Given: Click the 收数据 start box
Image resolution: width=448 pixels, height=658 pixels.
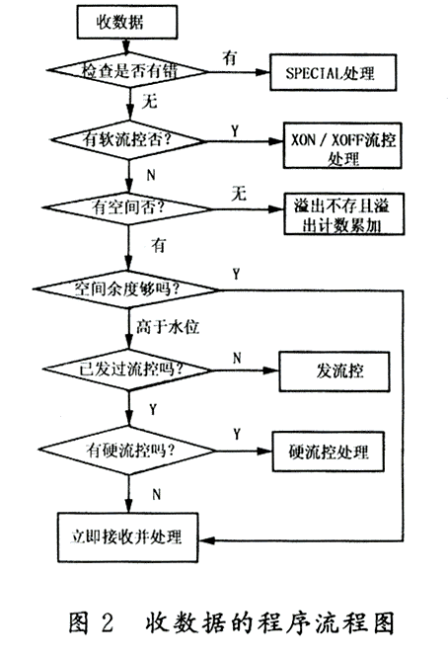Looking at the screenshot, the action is pyautogui.click(x=127, y=22).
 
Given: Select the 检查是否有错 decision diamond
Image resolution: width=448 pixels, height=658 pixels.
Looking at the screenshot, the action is pyautogui.click(x=127, y=70).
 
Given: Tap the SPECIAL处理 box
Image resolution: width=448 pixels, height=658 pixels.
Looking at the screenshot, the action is pyautogui.click(x=333, y=72).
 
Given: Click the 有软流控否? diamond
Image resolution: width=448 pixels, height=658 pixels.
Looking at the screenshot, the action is pyautogui.click(x=128, y=140).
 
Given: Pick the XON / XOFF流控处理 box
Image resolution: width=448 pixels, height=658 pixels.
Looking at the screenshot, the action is pyautogui.click(x=342, y=145).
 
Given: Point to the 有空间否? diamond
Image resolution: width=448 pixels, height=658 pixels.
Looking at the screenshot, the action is pyautogui.click(x=127, y=207).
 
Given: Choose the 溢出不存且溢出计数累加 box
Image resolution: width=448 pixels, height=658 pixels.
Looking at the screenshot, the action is pyautogui.click(x=343, y=214).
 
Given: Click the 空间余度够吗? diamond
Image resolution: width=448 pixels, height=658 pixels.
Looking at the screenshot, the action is pyautogui.click(x=126, y=289).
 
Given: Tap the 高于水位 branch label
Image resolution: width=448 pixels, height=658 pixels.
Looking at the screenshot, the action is pyautogui.click(x=168, y=326).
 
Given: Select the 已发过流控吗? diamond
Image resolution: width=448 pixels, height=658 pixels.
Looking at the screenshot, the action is pyautogui.click(x=128, y=370).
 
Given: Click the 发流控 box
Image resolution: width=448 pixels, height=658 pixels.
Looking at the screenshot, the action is pyautogui.click(x=335, y=371).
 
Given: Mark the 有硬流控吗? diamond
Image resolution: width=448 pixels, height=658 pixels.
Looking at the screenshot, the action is pyautogui.click(x=127, y=451).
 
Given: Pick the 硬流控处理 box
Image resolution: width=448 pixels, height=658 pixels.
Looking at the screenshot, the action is pyautogui.click(x=329, y=452).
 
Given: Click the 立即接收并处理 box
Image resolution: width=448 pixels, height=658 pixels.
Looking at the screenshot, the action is pyautogui.click(x=127, y=537).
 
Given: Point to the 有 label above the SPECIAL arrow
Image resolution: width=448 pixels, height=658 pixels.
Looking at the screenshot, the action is pyautogui.click(x=230, y=57).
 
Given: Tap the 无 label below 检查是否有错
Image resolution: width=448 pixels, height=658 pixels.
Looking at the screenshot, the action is pyautogui.click(x=150, y=102).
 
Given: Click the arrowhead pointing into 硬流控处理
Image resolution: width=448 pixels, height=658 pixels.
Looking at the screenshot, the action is pyautogui.click(x=265, y=452).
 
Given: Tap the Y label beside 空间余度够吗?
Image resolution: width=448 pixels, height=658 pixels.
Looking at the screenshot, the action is pyautogui.click(x=237, y=274).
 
